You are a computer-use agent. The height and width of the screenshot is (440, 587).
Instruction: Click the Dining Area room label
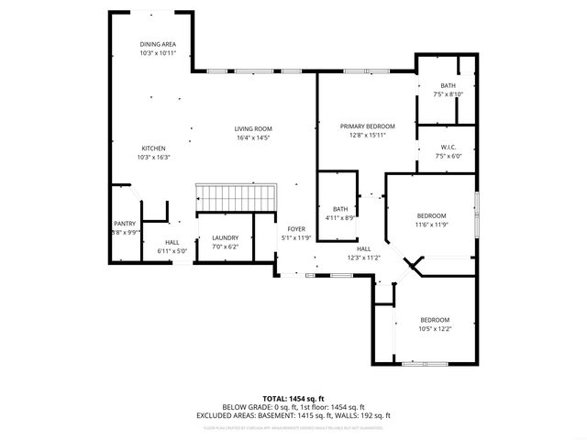(x=158, y=44)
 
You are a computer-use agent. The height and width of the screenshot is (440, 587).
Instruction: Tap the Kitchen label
(x=153, y=148)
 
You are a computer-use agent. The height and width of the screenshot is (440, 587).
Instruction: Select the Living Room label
(x=253, y=128)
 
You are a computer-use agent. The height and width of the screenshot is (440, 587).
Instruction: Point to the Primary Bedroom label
(x=367, y=126)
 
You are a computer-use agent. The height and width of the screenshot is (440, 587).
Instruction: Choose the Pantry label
(x=125, y=223)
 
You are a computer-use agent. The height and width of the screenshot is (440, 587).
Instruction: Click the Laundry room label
(x=225, y=237)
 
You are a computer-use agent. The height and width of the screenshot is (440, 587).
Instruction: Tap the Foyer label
(x=295, y=228)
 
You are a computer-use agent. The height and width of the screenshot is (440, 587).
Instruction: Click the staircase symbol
(x=236, y=197)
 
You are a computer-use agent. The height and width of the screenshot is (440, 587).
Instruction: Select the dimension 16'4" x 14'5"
(x=253, y=137)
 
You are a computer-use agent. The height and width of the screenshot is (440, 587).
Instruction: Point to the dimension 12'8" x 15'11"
(x=367, y=135)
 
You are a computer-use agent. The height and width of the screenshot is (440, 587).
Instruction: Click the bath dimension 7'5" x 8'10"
(x=448, y=93)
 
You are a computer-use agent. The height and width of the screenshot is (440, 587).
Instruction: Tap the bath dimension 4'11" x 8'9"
(x=339, y=217)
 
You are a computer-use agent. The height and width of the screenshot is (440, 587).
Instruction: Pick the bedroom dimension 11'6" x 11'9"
(x=431, y=225)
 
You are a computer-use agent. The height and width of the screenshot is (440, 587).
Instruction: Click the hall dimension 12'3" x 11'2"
(x=363, y=258)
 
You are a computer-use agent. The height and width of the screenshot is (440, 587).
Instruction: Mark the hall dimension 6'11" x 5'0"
(x=172, y=250)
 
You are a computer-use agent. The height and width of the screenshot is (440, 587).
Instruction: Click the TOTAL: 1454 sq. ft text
(x=293, y=398)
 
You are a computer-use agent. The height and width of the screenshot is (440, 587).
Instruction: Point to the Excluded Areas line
(x=293, y=415)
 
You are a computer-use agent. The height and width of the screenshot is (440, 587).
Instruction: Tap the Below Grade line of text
(x=293, y=406)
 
